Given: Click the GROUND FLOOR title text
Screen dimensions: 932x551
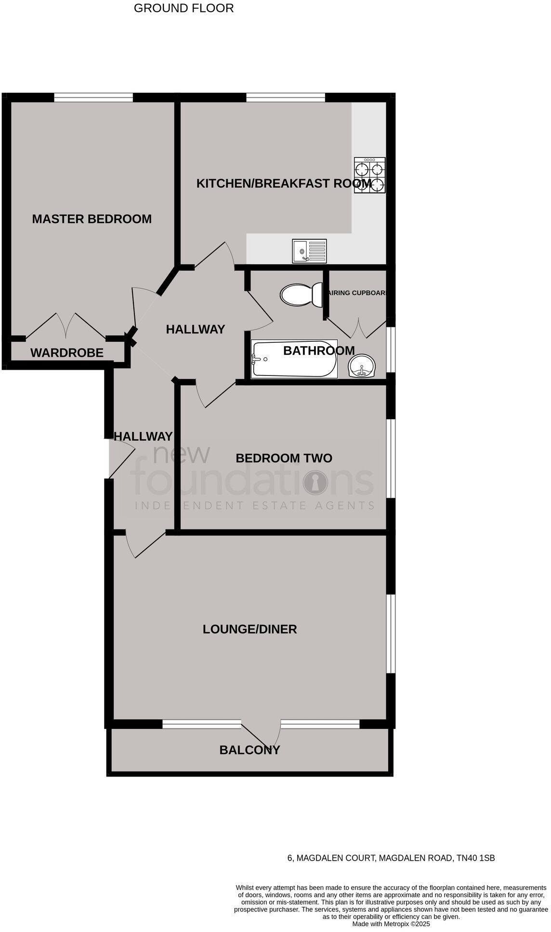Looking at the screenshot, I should click(x=184, y=8).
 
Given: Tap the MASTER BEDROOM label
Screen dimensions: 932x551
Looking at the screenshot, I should click(x=92, y=219).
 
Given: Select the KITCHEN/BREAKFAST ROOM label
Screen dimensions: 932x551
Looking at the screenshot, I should click(x=284, y=183).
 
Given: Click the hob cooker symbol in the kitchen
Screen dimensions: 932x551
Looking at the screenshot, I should click(x=369, y=175).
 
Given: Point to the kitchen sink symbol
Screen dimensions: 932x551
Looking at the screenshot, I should click(x=309, y=251).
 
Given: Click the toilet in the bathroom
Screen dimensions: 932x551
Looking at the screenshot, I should click(x=302, y=295).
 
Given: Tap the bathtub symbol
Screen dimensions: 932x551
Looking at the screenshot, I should click(x=294, y=359).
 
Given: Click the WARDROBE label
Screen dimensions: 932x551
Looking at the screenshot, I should click(x=66, y=353).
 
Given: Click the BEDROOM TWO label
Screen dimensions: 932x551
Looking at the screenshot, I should click(x=284, y=458).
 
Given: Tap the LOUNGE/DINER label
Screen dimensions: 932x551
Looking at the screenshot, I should click(x=249, y=629).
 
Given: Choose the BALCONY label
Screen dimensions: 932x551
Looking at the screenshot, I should click(x=249, y=750).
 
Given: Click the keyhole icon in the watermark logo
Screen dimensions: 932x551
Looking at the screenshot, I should click(x=315, y=482).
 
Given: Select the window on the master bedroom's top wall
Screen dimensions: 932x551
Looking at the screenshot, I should click(x=93, y=98).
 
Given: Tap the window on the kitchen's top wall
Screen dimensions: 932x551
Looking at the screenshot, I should click(x=286, y=98).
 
